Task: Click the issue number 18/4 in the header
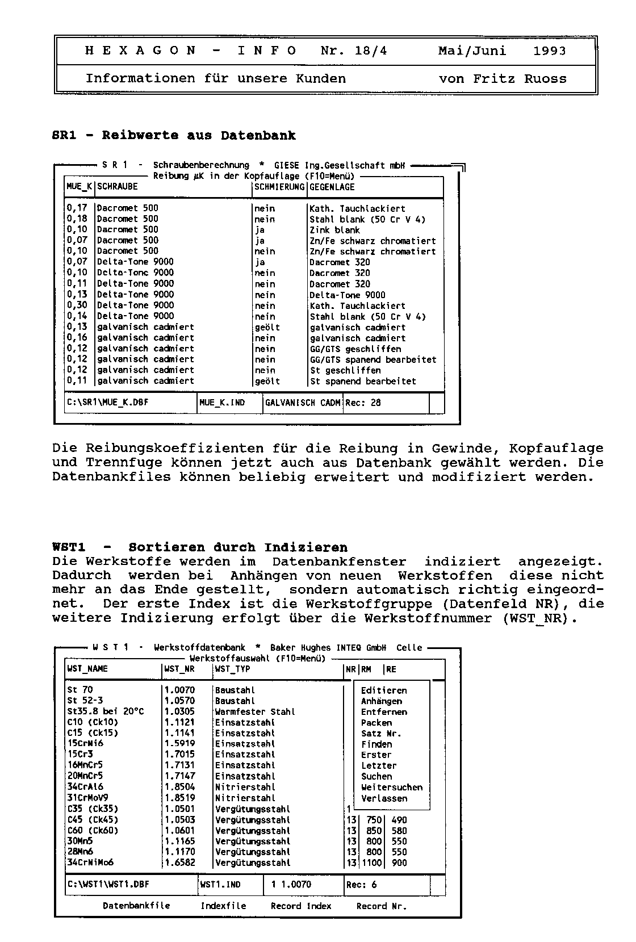click(x=371, y=51)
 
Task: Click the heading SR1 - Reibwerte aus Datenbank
click(x=174, y=136)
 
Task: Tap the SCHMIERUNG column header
click(x=280, y=187)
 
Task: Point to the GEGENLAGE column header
click(x=332, y=187)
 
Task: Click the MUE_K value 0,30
click(x=77, y=305)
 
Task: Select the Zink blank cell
click(x=334, y=230)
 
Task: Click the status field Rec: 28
click(x=363, y=403)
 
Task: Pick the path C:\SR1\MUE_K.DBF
click(x=108, y=403)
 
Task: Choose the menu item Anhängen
click(x=381, y=701)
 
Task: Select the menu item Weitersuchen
click(x=392, y=788)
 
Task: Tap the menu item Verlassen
click(x=384, y=798)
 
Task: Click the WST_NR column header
click(x=179, y=669)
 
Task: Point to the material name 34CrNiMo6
click(x=90, y=863)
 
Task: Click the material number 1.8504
click(x=179, y=787)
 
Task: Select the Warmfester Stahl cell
click(x=255, y=711)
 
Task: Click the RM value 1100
click(x=371, y=863)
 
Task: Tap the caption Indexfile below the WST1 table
click(x=223, y=906)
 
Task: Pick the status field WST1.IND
click(x=220, y=885)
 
